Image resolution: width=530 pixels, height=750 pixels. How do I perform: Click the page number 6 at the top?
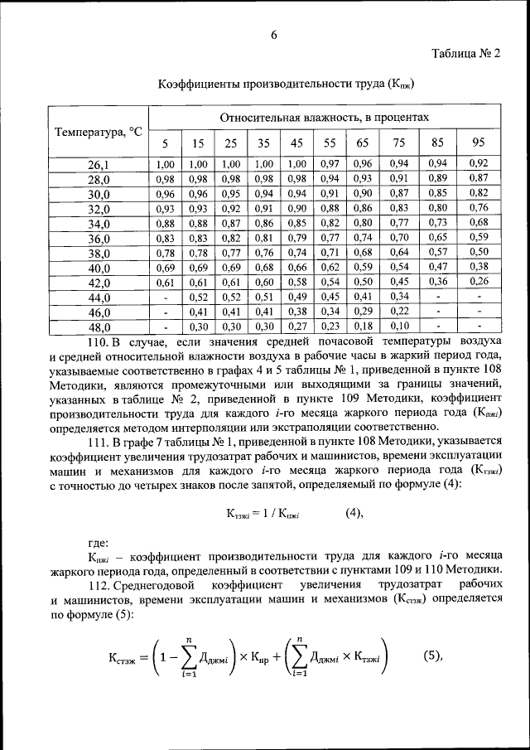pyautogui.click(x=272, y=35)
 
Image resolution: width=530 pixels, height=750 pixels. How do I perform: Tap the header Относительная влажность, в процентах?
pyautogui.click(x=325, y=118)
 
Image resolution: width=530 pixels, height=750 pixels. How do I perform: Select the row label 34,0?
pyautogui.click(x=99, y=224)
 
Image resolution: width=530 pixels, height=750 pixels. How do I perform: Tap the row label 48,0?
pyautogui.click(x=99, y=327)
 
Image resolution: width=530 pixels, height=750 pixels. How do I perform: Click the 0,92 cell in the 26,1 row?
pyautogui.click(x=479, y=164)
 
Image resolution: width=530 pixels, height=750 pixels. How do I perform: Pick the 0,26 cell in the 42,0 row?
pyautogui.click(x=479, y=283)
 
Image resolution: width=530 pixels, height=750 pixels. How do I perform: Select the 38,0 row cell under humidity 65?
pyautogui.click(x=363, y=253)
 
